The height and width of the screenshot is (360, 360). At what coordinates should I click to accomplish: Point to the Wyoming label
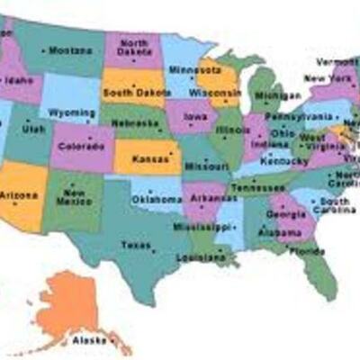point(73,112)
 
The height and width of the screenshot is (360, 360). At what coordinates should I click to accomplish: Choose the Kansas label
point(148,158)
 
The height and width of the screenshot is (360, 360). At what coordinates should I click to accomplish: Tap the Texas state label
point(136,244)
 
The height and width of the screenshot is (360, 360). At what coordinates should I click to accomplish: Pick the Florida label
point(310,252)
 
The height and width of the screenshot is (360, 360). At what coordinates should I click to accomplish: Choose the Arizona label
point(20,194)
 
